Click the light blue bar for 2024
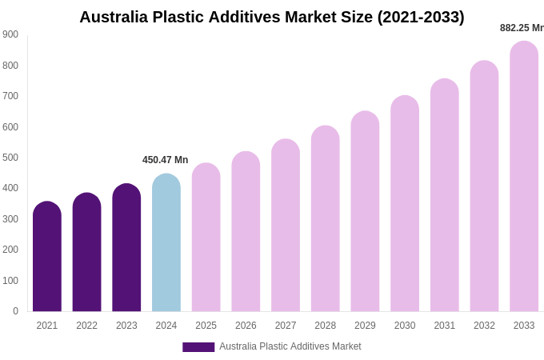click(166, 243)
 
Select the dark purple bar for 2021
click(47, 257)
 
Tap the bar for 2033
click(524, 177)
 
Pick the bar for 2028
click(325, 219)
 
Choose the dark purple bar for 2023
click(126, 248)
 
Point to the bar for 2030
click(405, 204)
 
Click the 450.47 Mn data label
click(165, 160)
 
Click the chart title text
click(271, 17)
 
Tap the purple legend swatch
click(198, 347)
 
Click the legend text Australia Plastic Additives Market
click(290, 346)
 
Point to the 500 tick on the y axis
click(10, 158)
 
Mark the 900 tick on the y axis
click(10, 34)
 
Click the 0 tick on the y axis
click(15, 311)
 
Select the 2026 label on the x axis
click(246, 326)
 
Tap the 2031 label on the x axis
click(444, 326)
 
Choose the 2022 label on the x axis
click(86, 326)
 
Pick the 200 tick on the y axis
click(10, 250)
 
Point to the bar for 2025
click(206, 238)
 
